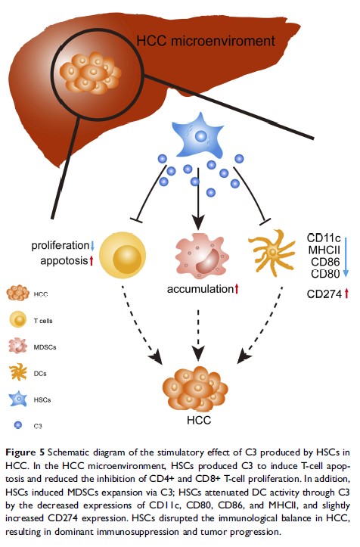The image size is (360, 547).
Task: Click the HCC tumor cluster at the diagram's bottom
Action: [194, 387]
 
